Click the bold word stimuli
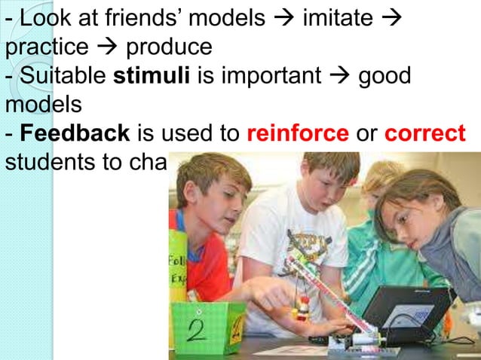[x=151, y=76]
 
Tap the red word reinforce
[x=298, y=134]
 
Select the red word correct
[x=425, y=134]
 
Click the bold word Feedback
[x=75, y=134]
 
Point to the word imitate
[x=337, y=18]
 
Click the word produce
[x=169, y=47]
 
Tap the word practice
[x=46, y=47]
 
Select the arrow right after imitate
[x=391, y=18]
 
